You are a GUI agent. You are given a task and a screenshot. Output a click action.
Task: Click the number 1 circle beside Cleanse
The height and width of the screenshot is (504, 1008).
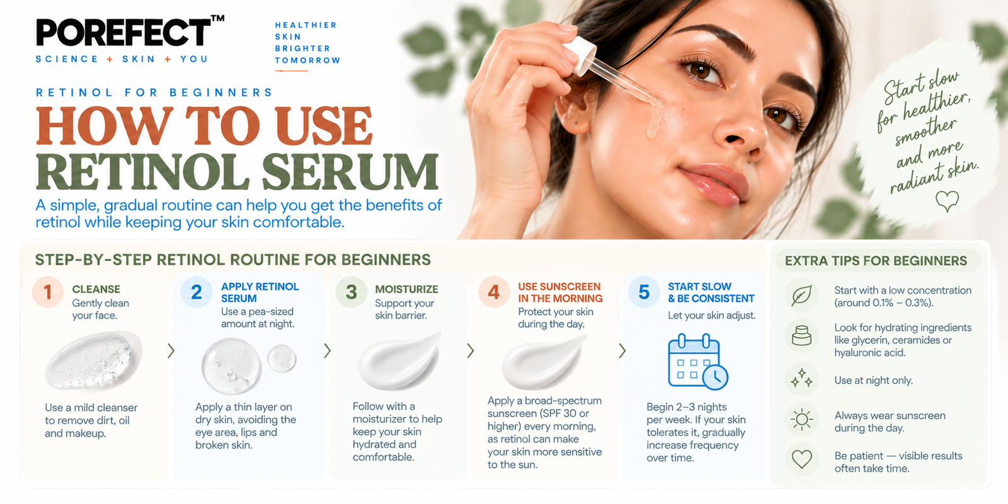(x=48, y=292)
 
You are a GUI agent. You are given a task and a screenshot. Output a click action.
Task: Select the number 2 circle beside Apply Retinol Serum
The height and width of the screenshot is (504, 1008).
(x=196, y=292)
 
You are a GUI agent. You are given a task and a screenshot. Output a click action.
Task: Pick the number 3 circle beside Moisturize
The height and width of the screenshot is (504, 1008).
(x=351, y=292)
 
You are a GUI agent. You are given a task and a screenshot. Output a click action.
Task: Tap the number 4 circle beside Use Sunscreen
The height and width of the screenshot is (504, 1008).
(x=494, y=292)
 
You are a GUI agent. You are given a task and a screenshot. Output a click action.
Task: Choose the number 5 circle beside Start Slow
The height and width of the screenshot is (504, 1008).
(x=644, y=292)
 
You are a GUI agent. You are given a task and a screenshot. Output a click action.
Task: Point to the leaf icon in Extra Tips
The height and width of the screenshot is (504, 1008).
(x=801, y=295)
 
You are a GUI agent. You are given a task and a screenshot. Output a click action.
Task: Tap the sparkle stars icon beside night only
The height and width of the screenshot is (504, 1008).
(x=801, y=379)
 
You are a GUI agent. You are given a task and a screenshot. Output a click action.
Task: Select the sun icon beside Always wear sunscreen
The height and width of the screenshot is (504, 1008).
(x=801, y=420)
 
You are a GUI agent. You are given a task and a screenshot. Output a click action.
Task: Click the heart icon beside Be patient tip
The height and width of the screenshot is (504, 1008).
(x=801, y=459)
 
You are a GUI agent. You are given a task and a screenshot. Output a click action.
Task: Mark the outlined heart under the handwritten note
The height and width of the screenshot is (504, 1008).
(x=948, y=201)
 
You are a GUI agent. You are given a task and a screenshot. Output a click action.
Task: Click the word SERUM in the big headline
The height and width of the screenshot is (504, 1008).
(x=350, y=173)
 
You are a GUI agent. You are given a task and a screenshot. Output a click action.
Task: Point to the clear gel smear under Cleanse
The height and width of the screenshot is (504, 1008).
(x=94, y=360)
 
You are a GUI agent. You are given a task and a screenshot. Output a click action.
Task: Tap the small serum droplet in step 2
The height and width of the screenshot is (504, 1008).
(x=282, y=358)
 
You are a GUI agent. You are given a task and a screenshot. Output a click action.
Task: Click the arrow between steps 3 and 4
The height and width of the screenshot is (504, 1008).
(x=470, y=351)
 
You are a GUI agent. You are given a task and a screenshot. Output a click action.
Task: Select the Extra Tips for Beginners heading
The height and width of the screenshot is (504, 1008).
(x=876, y=261)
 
